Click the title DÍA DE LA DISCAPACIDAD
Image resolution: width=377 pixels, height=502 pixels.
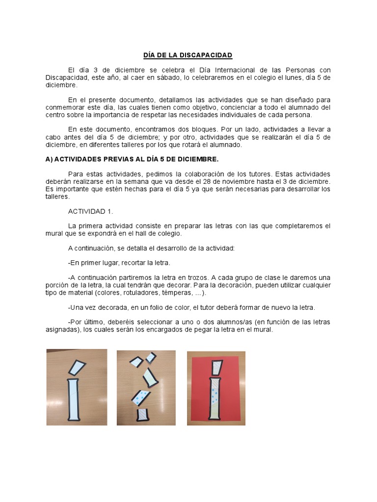tap(188, 55)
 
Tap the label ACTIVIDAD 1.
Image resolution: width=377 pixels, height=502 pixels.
tap(91, 211)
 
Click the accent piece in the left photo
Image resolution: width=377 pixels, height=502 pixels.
tap(76, 368)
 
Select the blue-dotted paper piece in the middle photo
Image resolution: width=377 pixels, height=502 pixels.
tap(143, 398)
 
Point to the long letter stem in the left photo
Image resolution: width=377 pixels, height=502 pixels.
tap(74, 400)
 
